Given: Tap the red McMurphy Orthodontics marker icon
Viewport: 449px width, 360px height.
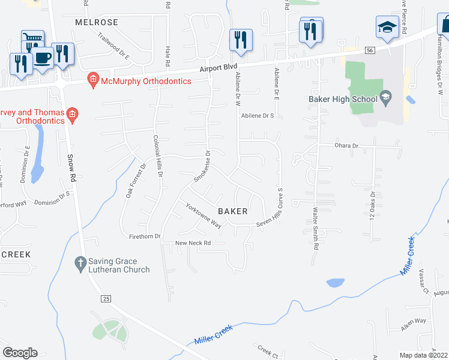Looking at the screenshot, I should pos(92,79).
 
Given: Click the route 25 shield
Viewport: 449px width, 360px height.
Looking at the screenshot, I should pos(106,298).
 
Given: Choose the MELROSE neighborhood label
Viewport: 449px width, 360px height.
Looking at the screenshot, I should pos(97,22).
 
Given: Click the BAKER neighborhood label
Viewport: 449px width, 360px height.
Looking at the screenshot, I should pos(233,211).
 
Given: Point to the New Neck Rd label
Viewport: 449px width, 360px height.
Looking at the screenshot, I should pos(193,243).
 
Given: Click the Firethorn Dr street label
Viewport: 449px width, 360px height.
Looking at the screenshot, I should pos(145,236).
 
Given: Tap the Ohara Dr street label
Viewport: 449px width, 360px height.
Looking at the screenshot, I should pos(346,146).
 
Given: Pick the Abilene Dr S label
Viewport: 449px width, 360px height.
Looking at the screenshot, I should pos(257,116).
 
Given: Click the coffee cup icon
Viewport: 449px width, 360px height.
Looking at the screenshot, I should pos(42,58).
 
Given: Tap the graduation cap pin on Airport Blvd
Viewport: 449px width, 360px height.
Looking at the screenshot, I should pos(387,26).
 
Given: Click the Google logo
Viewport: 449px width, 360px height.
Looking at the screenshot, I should pos(20,353).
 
